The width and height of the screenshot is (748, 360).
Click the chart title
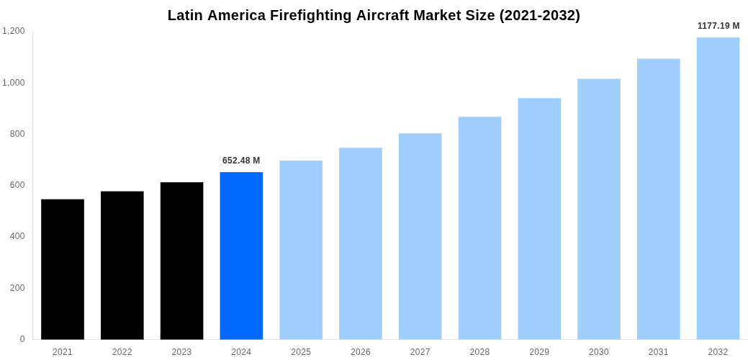click(x=374, y=15)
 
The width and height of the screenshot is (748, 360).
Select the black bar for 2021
click(x=63, y=269)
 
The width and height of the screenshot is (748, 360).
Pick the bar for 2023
click(x=181, y=261)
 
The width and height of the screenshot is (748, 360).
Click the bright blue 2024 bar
click(x=241, y=256)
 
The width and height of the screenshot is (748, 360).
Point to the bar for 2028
click(x=479, y=228)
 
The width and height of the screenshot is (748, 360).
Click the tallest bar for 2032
click(x=718, y=189)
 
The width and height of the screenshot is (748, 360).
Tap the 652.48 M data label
click(x=241, y=161)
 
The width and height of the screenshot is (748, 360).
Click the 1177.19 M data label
click(x=718, y=26)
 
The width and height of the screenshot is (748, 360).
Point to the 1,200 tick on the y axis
click(x=14, y=31)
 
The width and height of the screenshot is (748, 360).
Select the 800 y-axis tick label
click(x=17, y=134)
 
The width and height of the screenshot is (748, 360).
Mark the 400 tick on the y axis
click(x=17, y=236)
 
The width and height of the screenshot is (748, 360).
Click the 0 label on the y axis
click(x=22, y=339)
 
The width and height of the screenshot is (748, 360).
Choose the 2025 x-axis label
click(x=301, y=352)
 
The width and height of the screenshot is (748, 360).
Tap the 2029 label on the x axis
click(x=539, y=352)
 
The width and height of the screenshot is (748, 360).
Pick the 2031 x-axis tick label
click(x=658, y=352)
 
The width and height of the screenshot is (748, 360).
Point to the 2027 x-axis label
click(x=420, y=352)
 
